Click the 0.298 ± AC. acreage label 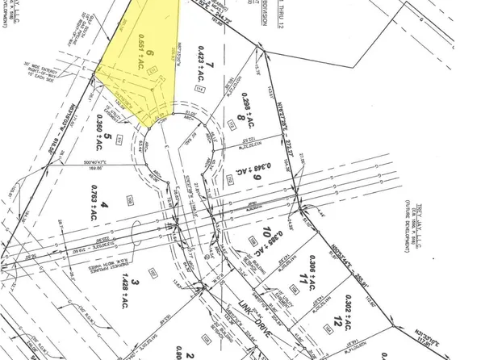coord(239,119)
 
